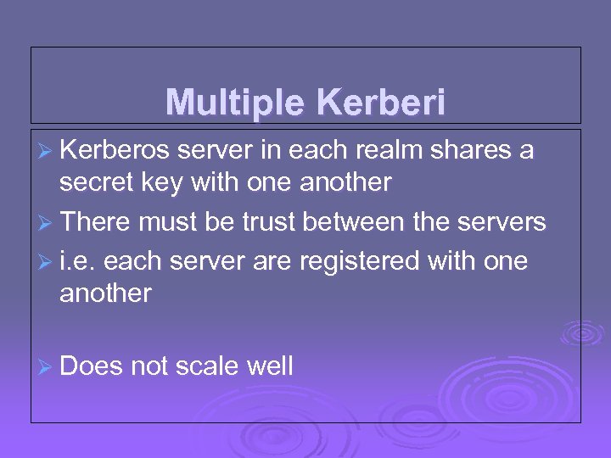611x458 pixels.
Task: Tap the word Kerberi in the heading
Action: click(380, 103)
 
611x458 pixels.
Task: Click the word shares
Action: click(473, 150)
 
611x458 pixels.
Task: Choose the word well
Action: click(269, 366)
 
